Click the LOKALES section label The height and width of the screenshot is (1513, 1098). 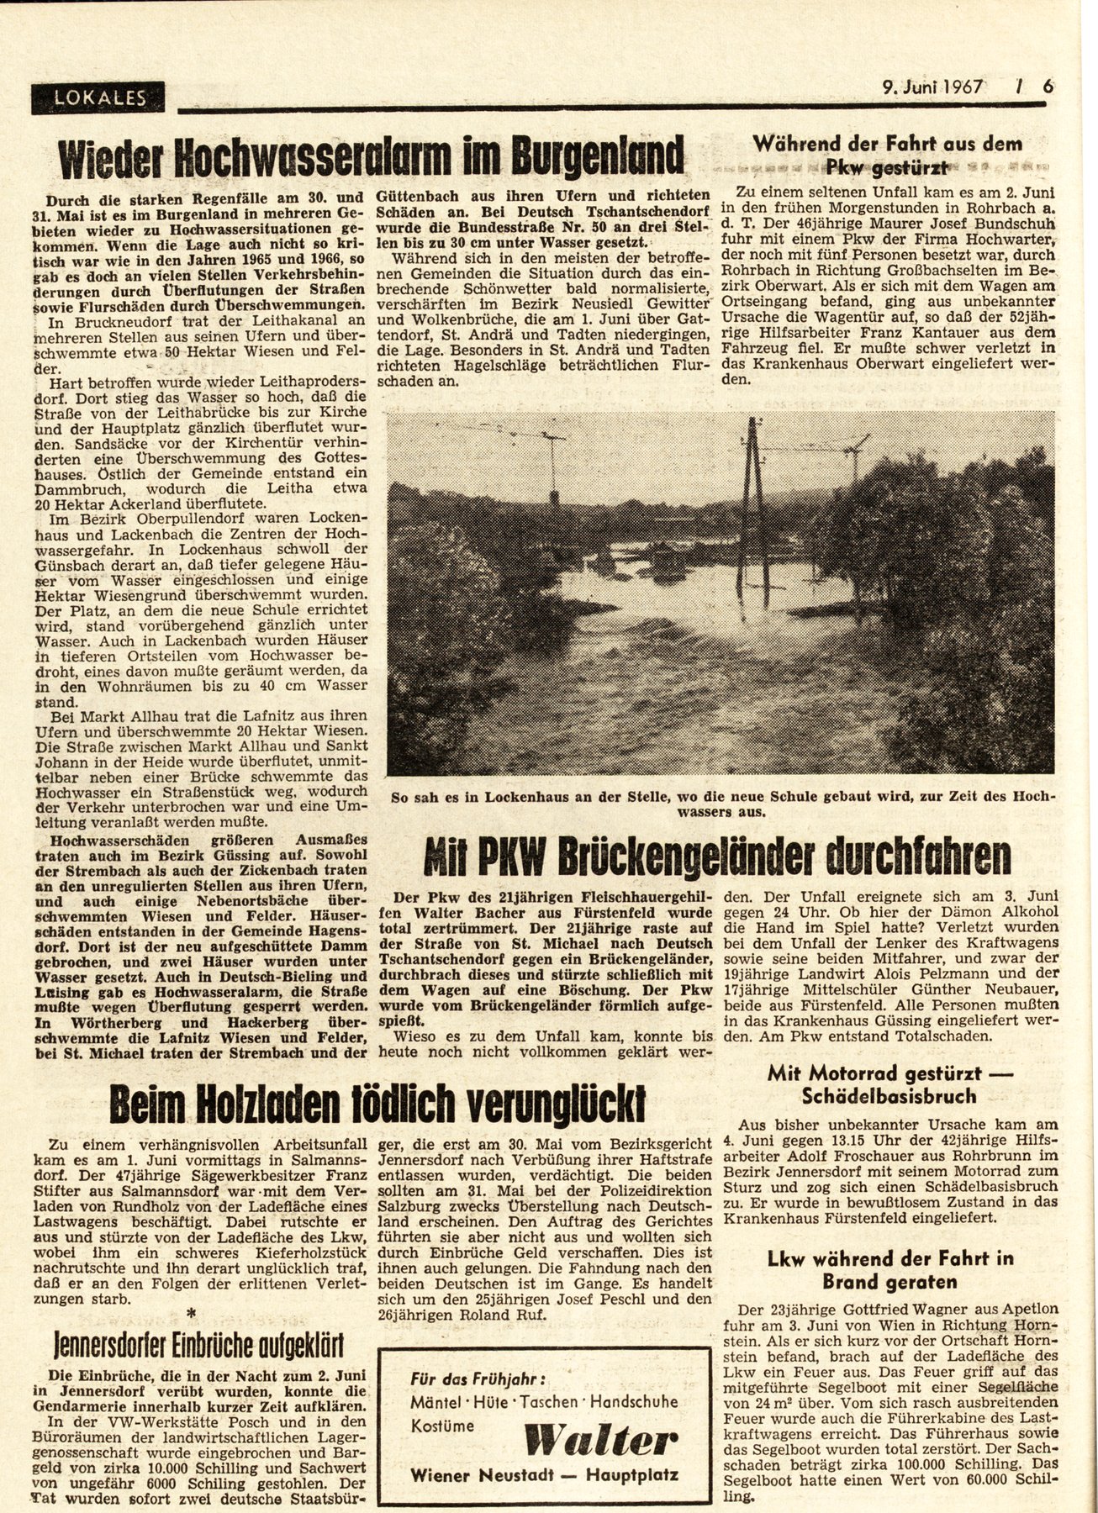point(98,98)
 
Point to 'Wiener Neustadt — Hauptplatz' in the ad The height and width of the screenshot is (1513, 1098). point(544,1476)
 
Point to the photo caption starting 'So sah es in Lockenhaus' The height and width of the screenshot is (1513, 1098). point(721,803)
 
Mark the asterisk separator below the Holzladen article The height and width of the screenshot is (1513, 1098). point(193,1314)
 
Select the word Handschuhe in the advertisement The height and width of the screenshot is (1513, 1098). point(640,1402)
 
